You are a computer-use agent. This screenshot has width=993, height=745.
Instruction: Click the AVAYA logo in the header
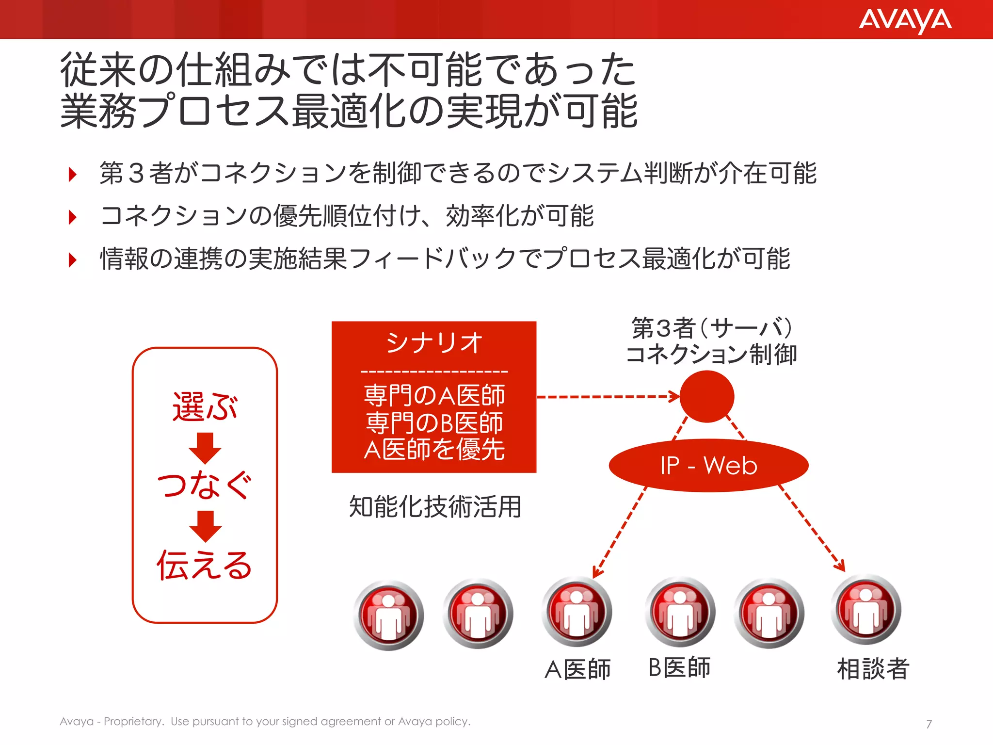905,20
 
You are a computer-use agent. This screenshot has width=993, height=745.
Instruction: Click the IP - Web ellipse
708,466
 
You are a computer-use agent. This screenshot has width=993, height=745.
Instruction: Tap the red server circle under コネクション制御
706,396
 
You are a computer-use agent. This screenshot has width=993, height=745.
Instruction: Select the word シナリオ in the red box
434,343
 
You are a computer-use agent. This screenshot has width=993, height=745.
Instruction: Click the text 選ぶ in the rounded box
205,406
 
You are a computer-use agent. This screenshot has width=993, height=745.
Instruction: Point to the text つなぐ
205,485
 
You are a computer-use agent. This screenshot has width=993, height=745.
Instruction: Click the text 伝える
205,565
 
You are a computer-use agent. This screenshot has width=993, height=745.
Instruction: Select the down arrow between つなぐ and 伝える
205,526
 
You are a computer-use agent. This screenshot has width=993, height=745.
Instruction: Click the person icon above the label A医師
577,612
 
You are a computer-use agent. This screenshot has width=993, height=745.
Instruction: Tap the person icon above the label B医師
680,612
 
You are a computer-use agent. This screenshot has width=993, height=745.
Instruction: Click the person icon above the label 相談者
866,610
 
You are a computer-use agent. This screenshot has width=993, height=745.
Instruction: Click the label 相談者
873,669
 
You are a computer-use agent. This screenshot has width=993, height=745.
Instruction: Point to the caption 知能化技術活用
435,507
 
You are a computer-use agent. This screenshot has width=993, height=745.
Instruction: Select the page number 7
929,724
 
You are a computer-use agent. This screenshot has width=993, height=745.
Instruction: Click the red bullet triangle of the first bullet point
73,174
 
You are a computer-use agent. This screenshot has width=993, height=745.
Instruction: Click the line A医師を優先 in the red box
434,450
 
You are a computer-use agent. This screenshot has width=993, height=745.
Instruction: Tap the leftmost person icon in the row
388,615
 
